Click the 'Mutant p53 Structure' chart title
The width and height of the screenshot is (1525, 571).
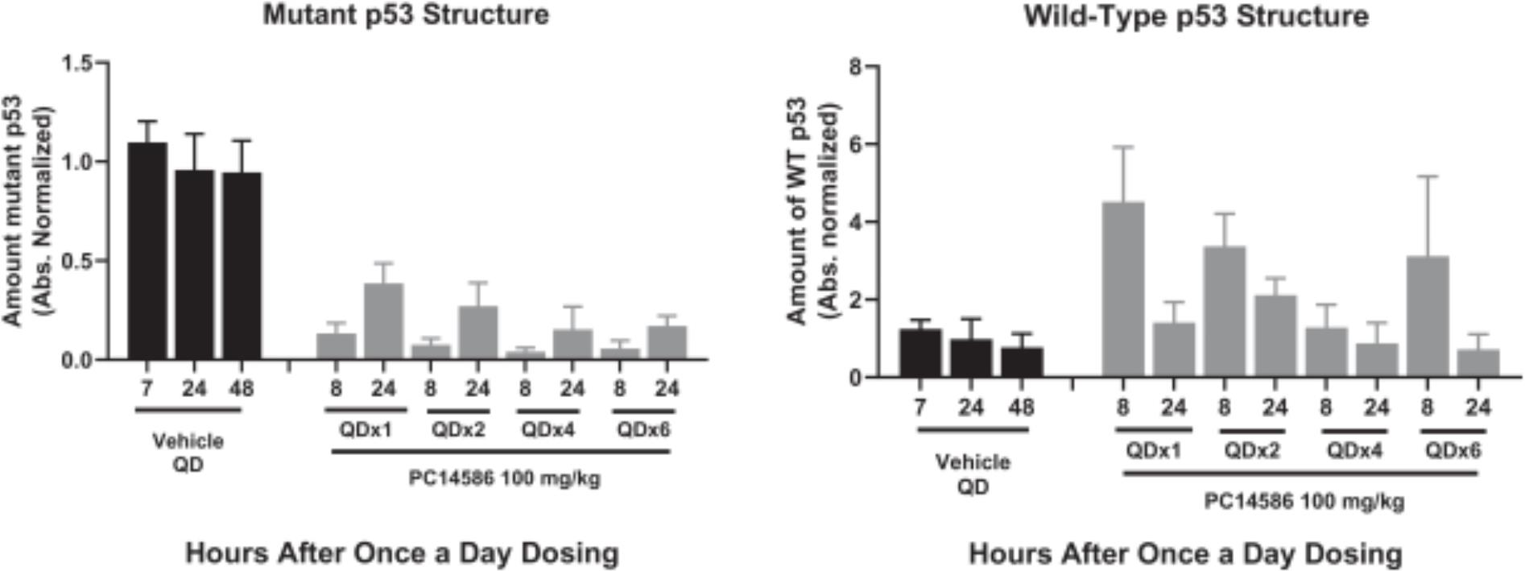pos(406,14)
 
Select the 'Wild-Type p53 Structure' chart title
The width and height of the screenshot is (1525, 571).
pos(1196,16)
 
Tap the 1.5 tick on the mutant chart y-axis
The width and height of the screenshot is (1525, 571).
pos(78,63)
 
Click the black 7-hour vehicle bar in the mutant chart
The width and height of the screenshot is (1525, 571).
pos(147,251)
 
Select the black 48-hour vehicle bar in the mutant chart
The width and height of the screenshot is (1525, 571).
pos(242,266)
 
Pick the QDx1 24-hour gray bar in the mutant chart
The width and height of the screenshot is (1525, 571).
pos(383,321)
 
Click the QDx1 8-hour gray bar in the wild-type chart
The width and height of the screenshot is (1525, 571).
pos(1122,290)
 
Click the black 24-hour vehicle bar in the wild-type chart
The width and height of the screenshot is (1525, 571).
pos(971,358)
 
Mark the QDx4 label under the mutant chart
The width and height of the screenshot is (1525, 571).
pos(548,429)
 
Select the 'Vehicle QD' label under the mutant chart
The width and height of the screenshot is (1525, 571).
pos(188,453)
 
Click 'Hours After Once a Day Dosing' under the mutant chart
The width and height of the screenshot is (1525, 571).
pos(402,553)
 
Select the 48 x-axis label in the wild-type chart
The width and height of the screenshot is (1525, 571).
pos(1021,408)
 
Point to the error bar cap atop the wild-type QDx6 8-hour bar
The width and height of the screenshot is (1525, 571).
pos(1427,176)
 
